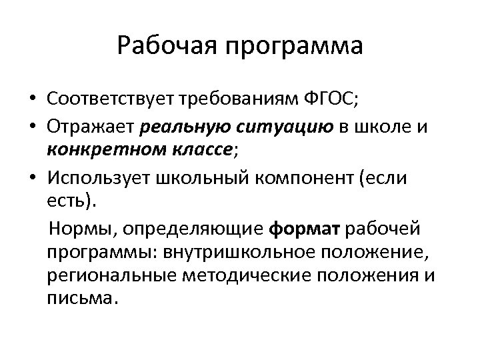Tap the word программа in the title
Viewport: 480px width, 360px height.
tap(293, 47)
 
